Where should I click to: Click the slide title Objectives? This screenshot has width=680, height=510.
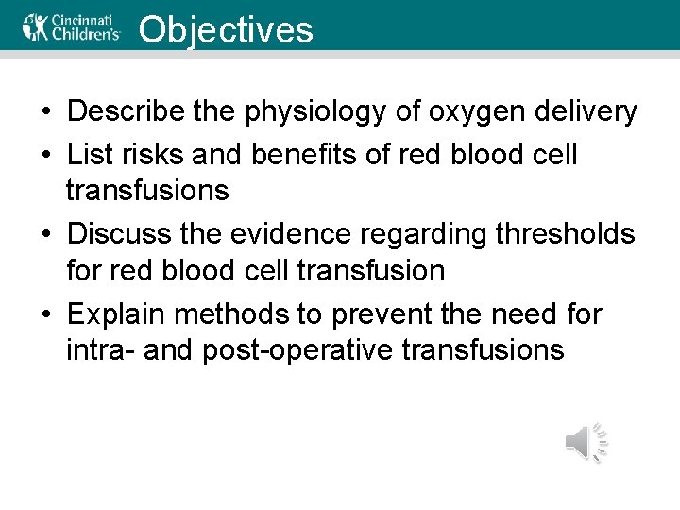225,29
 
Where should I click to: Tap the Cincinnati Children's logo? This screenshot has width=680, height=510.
73,26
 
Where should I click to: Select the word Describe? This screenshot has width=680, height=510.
127,111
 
